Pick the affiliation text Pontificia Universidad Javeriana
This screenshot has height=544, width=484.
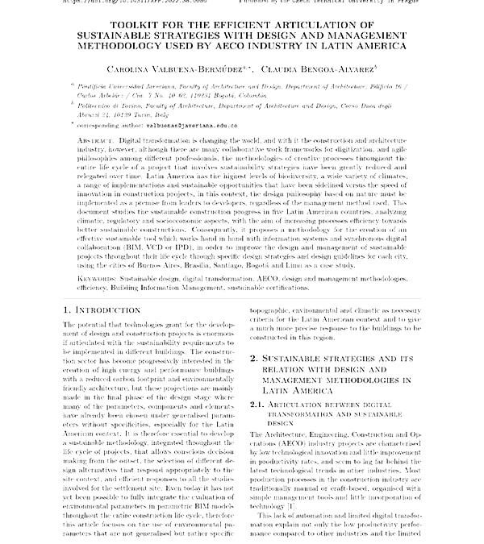point(128,84)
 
